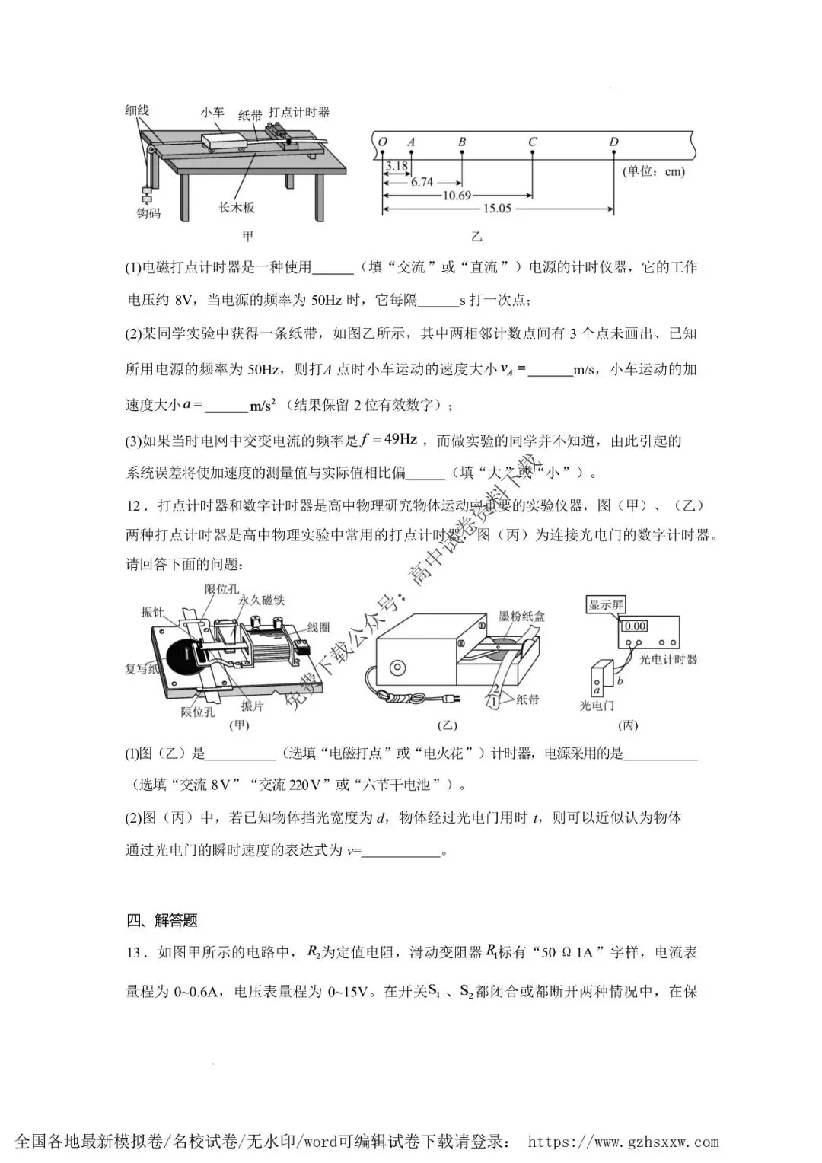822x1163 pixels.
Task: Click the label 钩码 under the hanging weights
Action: tap(148, 213)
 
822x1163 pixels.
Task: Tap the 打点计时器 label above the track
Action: tap(299, 112)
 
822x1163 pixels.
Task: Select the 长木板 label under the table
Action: tap(237, 208)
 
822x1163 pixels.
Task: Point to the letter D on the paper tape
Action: tap(613, 142)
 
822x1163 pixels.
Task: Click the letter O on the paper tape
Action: tap(383, 142)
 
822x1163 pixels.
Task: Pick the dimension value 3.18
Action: tap(397, 166)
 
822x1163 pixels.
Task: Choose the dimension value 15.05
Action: tap(497, 209)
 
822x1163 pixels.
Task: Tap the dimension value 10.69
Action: tap(457, 196)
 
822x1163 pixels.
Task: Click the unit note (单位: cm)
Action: tap(654, 171)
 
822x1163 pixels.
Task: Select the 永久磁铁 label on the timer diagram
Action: tap(261, 601)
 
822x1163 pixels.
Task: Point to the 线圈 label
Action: tap(318, 627)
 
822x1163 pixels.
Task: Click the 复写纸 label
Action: tap(142, 669)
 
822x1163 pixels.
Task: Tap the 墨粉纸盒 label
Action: tap(521, 617)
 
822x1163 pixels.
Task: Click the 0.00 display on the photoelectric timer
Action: tap(635, 626)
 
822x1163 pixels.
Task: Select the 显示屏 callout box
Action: tap(606, 605)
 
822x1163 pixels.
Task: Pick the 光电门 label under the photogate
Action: tap(597, 706)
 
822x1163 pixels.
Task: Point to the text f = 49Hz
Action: tap(389, 440)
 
